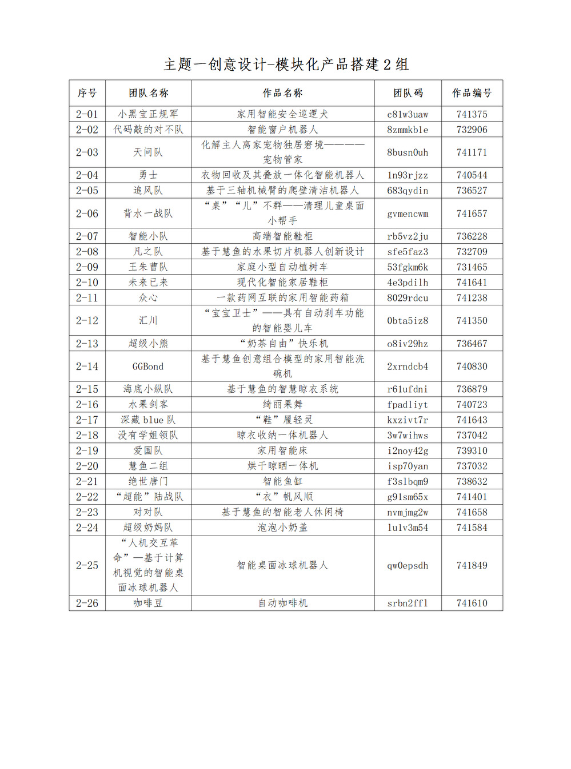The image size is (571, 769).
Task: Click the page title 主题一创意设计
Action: pyautogui.click(x=286, y=65)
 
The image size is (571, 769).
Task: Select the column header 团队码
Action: pyautogui.click(x=408, y=93)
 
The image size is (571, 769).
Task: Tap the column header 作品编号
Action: pyautogui.click(x=472, y=93)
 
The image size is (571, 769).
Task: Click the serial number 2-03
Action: pyautogui.click(x=87, y=152)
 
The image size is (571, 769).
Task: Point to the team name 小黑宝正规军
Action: pyautogui.click(x=148, y=114)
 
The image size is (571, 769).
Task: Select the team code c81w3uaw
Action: pyautogui.click(x=408, y=114)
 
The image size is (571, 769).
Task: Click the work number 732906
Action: pyautogui.click(x=472, y=130)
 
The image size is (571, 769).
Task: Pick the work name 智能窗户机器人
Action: pyautogui.click(x=282, y=130)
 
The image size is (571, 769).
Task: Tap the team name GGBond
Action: pyautogui.click(x=148, y=367)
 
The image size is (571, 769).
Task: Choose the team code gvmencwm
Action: pyautogui.click(x=408, y=214)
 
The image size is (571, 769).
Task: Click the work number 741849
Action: pyautogui.click(x=472, y=565)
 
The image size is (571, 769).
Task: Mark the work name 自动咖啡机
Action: pyautogui.click(x=282, y=603)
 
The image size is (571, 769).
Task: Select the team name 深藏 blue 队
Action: pyautogui.click(x=148, y=420)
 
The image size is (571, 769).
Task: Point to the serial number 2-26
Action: pyautogui.click(x=87, y=603)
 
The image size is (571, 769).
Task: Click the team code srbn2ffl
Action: pyautogui.click(x=408, y=603)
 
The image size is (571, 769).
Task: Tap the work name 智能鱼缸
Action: pyautogui.click(x=282, y=481)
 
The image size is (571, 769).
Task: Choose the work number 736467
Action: pyautogui.click(x=472, y=343)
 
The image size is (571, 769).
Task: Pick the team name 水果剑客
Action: pyautogui.click(x=148, y=404)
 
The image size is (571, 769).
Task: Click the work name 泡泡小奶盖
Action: pyautogui.click(x=282, y=528)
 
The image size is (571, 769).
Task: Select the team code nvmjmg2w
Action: pyautogui.click(x=408, y=512)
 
